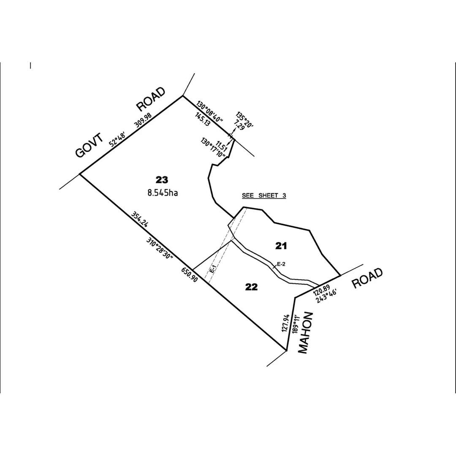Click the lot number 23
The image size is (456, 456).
tap(162, 180)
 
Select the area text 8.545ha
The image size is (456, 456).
tap(163, 193)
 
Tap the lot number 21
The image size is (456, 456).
tap(281, 246)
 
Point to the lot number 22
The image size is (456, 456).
tap(251, 288)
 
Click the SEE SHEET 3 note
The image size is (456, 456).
tap(264, 195)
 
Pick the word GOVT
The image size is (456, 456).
tap(89, 145)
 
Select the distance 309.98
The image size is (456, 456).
tap(143, 120)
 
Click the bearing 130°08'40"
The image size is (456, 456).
tap(210, 111)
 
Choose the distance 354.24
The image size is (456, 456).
tap(140, 219)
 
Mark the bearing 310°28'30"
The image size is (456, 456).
tap(160, 248)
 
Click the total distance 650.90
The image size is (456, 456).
tap(190, 274)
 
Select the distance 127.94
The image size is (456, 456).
tap(285, 323)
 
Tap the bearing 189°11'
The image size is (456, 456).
tap(296, 324)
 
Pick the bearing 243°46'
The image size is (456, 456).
tap(326, 296)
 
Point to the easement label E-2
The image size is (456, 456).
tap(281, 264)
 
